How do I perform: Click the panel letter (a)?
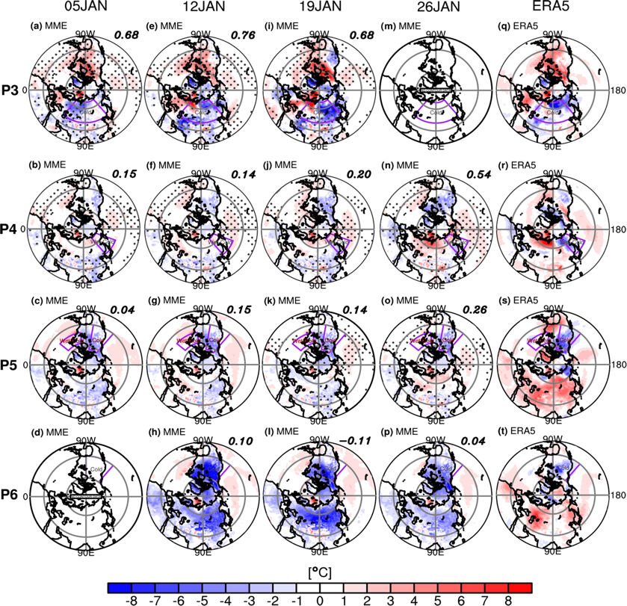pos(34,25)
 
